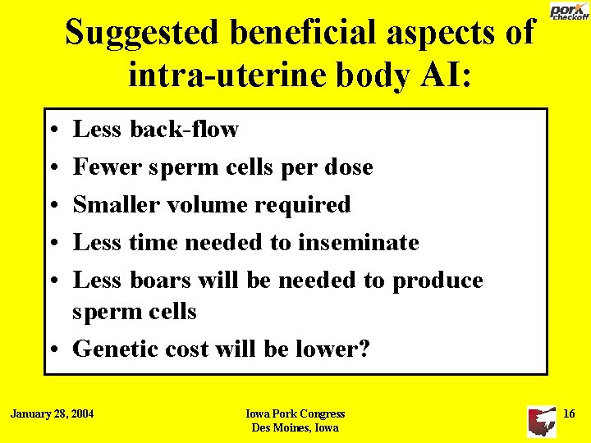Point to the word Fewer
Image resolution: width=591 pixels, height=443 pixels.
103,167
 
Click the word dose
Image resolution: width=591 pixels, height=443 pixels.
348,167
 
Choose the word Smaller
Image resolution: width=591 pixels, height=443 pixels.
114,205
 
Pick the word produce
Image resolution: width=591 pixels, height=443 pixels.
438,281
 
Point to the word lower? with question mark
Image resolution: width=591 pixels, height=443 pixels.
332,349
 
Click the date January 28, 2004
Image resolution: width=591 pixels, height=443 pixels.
52,413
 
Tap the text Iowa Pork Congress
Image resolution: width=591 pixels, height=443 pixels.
295,414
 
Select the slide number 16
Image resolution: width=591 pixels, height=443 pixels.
569,413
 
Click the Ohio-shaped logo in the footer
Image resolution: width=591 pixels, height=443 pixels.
541,421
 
